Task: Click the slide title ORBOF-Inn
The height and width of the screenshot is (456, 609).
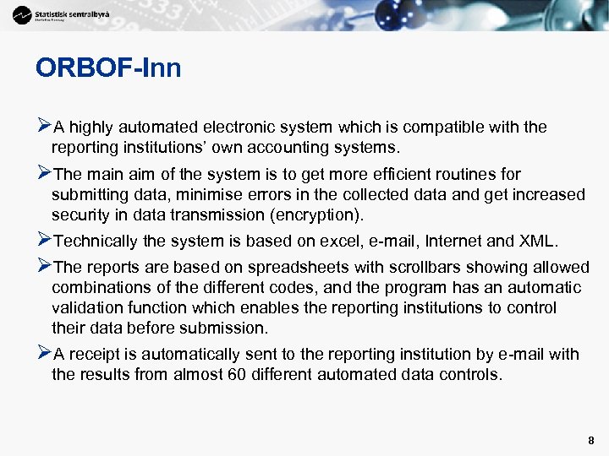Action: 108,68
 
